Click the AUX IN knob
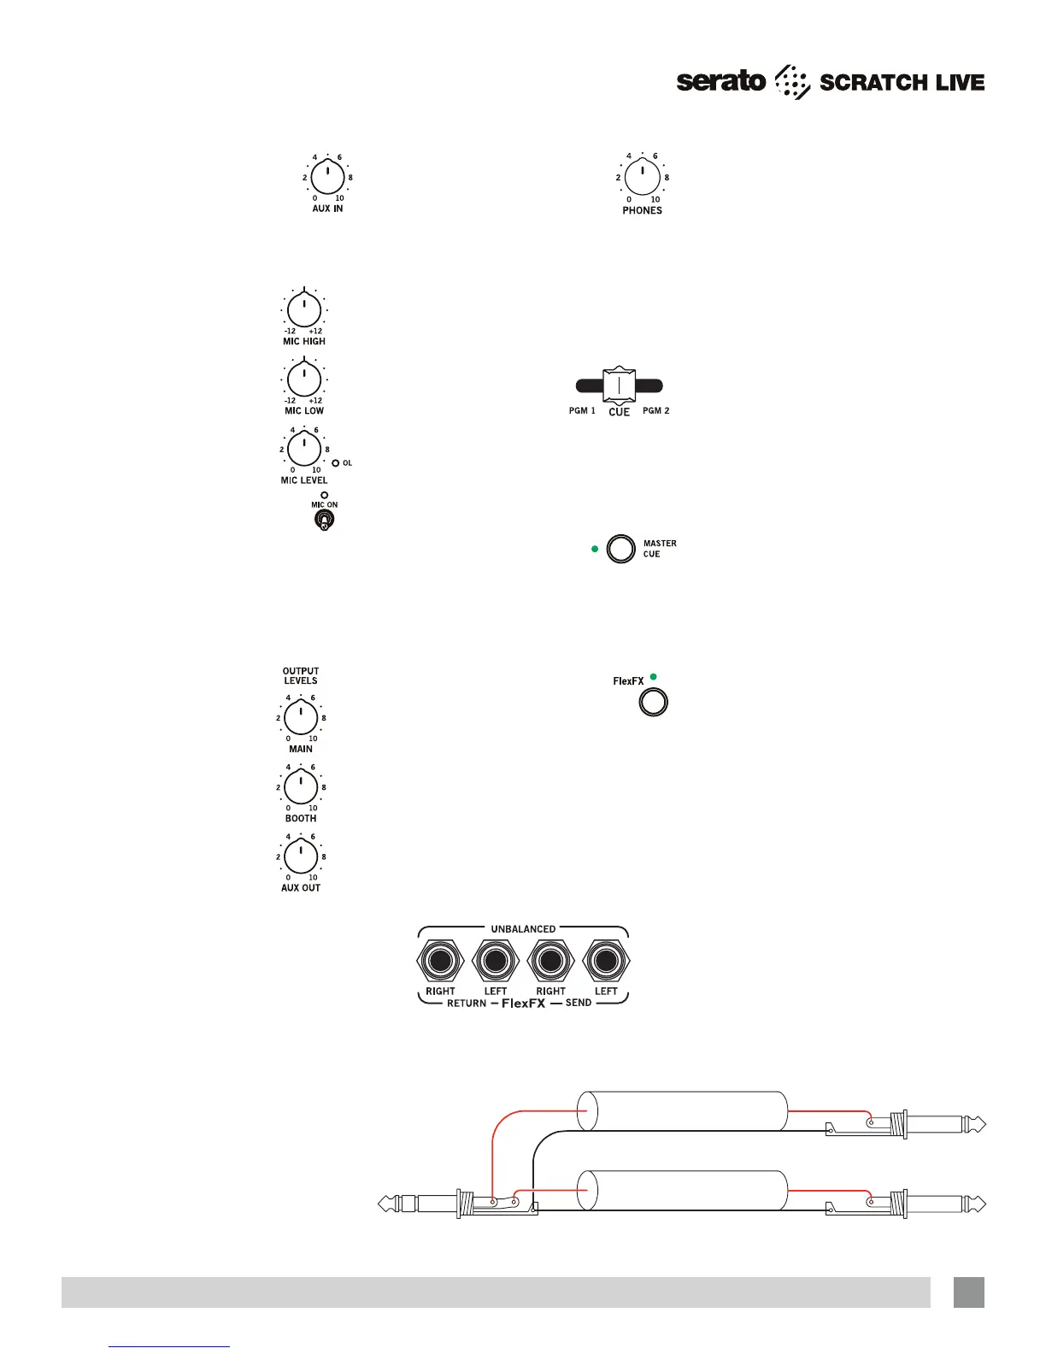coord(327,178)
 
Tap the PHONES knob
coord(642,178)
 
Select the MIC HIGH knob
coord(304,310)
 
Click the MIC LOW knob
coord(304,380)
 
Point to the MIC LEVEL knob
coord(304,449)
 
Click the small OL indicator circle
coord(336,463)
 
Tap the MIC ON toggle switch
coord(324,520)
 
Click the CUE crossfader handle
coord(619,386)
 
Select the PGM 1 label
coord(582,411)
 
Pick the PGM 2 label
coord(655,411)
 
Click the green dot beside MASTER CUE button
coord(595,549)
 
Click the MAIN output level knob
coord(301,717)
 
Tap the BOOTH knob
coord(301,786)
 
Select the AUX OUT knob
coord(301,856)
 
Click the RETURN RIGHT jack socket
coord(440,963)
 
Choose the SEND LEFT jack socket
coord(606,963)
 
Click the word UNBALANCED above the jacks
coord(523,929)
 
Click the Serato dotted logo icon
coord(791,82)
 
